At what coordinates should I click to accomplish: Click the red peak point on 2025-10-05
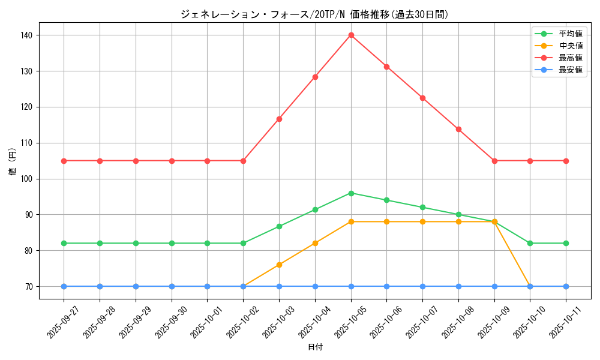tap(351, 35)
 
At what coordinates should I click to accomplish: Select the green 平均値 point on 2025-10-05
tap(351, 193)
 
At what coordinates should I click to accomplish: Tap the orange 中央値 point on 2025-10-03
tap(279, 265)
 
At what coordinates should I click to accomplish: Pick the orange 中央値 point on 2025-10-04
tap(315, 243)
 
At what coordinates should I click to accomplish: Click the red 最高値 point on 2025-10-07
tap(422, 98)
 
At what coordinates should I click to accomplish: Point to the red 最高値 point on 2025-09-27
tap(64, 161)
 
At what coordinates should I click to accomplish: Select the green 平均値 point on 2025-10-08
tap(458, 214)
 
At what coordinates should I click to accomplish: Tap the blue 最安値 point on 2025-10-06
tap(386, 286)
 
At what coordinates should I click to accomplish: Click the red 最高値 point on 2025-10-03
tap(279, 119)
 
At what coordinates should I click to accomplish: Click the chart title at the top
tap(314, 14)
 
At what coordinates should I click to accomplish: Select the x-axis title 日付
tap(315, 347)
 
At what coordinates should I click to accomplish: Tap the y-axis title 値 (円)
tap(13, 161)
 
